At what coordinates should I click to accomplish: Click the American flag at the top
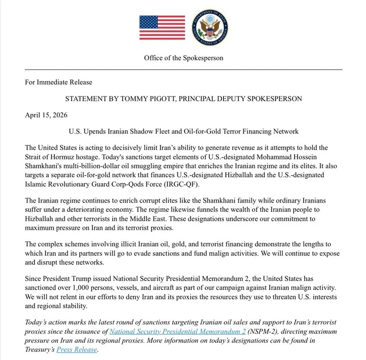pyautogui.click(x=162, y=28)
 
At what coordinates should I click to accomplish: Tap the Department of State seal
pyautogui.click(x=210, y=28)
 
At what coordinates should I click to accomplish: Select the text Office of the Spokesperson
pyautogui.click(x=184, y=58)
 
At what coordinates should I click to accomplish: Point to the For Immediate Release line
pyautogui.click(x=59, y=82)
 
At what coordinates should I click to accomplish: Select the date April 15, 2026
pyautogui.click(x=46, y=115)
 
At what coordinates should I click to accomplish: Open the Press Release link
pyautogui.click(x=76, y=349)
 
